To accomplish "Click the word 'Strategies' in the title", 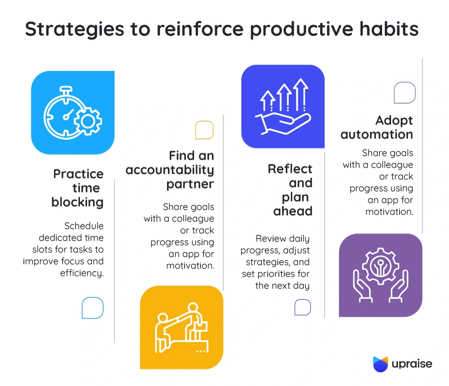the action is pyautogui.click(x=75, y=30).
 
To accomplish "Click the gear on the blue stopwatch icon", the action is pyautogui.click(x=88, y=121).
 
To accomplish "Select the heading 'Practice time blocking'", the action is pyautogui.click(x=78, y=188).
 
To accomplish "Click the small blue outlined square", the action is pyautogui.click(x=92, y=308).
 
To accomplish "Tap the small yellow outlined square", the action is pyautogui.click(x=204, y=130).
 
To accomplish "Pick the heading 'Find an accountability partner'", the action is pyautogui.click(x=170, y=170).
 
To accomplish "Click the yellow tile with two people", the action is pyautogui.click(x=181, y=327).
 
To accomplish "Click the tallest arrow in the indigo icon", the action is pyautogui.click(x=301, y=95).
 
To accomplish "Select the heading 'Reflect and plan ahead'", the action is pyautogui.click(x=290, y=190).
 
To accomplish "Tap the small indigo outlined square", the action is pyautogui.click(x=303, y=307).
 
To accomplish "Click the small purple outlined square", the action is pyautogui.click(x=405, y=92).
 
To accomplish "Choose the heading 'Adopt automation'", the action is pyautogui.click(x=377, y=127).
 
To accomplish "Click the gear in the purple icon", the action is pyautogui.click(x=380, y=266).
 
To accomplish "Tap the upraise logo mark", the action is pyautogui.click(x=381, y=364).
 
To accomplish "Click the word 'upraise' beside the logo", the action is pyautogui.click(x=412, y=364).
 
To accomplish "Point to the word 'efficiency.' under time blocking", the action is pyautogui.click(x=82, y=273).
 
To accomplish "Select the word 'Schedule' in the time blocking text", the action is pyautogui.click(x=84, y=226).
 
